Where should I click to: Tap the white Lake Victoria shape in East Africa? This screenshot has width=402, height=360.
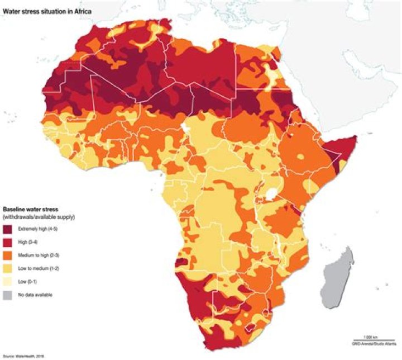click(272, 193)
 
